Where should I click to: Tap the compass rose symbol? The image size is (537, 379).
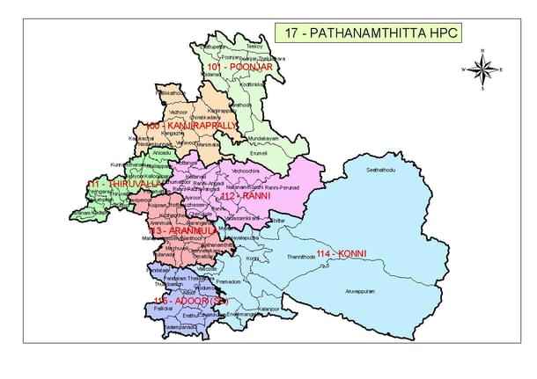(482, 69)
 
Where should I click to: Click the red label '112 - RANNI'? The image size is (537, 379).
(246, 197)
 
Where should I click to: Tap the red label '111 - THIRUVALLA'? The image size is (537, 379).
(124, 184)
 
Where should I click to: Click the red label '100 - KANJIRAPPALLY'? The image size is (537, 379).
(193, 126)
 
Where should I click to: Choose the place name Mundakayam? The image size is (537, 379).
(262, 138)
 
